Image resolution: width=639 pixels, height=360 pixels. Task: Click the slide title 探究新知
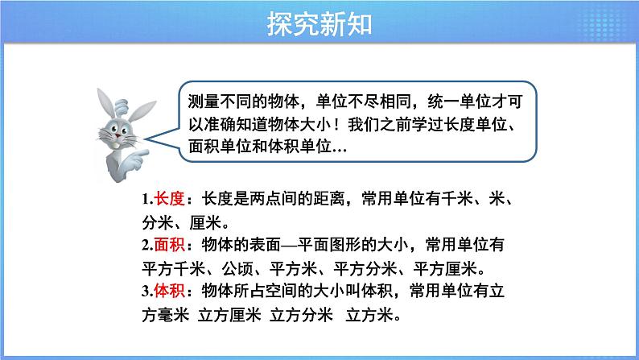coord(319,25)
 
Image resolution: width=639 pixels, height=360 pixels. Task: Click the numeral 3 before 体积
coord(142,290)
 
